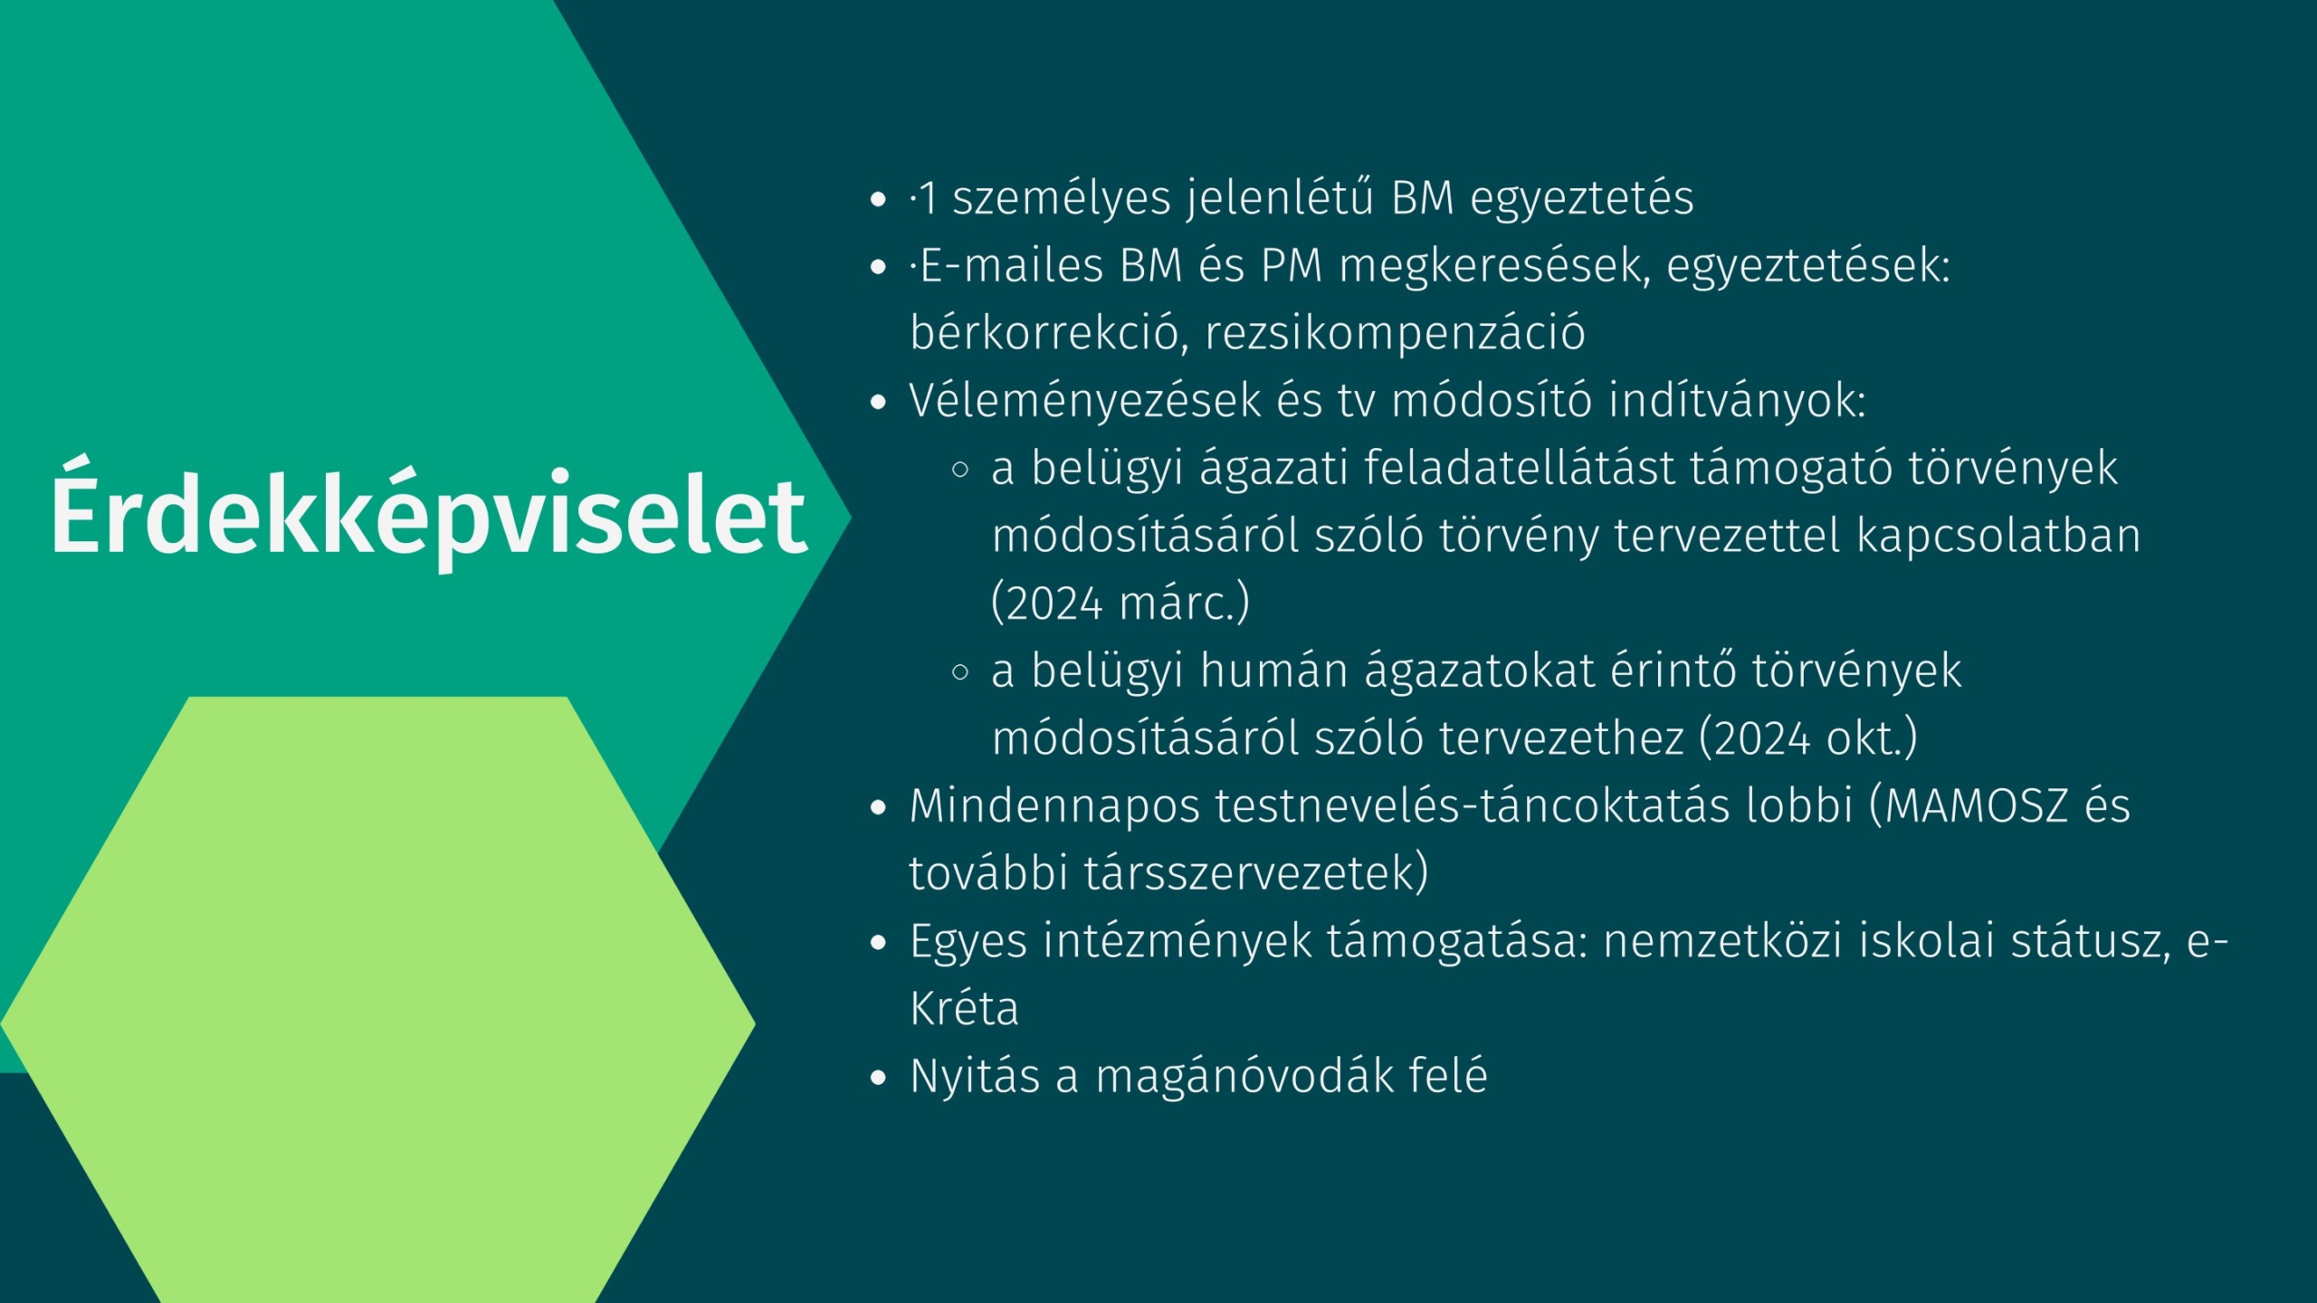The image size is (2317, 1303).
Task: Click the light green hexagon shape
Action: coord(378,1000)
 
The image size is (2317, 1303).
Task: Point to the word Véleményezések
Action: coord(1085,402)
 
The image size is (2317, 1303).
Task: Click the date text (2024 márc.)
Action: coord(1120,603)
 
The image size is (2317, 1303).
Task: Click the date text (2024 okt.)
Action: coord(1808,737)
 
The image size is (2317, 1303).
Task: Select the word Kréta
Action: coord(964,1008)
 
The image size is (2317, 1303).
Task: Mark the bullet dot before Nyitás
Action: coord(877,1078)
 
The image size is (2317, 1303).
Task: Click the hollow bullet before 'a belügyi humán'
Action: coord(960,672)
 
